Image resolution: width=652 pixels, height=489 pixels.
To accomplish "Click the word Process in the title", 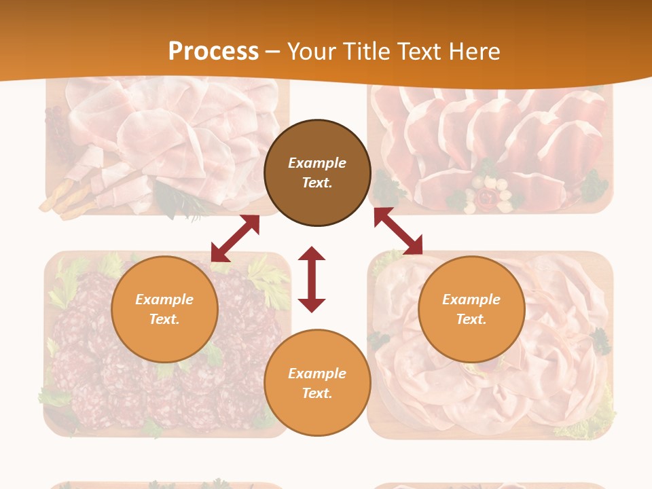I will (x=213, y=52).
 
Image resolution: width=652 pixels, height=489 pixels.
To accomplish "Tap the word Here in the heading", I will (x=475, y=52).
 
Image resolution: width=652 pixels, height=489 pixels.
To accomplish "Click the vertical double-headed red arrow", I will (x=312, y=279).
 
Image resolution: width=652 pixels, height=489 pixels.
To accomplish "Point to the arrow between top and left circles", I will (x=235, y=238).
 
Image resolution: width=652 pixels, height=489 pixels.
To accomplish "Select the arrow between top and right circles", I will (x=398, y=231).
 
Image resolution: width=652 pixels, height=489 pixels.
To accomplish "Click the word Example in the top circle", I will (x=317, y=163).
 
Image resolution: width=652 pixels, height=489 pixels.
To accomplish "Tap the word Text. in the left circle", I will (x=164, y=319).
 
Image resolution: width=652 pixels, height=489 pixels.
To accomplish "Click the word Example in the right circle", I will (x=471, y=300).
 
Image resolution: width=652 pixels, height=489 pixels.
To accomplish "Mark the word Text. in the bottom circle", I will (x=317, y=393).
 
